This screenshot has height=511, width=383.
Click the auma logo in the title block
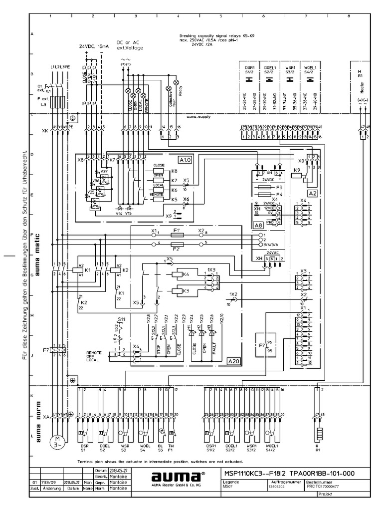[x=173, y=476]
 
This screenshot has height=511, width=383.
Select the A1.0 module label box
[x=185, y=160]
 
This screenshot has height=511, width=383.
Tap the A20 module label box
[x=233, y=361]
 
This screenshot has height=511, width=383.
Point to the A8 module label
[x=258, y=226]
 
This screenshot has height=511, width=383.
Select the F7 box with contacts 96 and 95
[x=265, y=345]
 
